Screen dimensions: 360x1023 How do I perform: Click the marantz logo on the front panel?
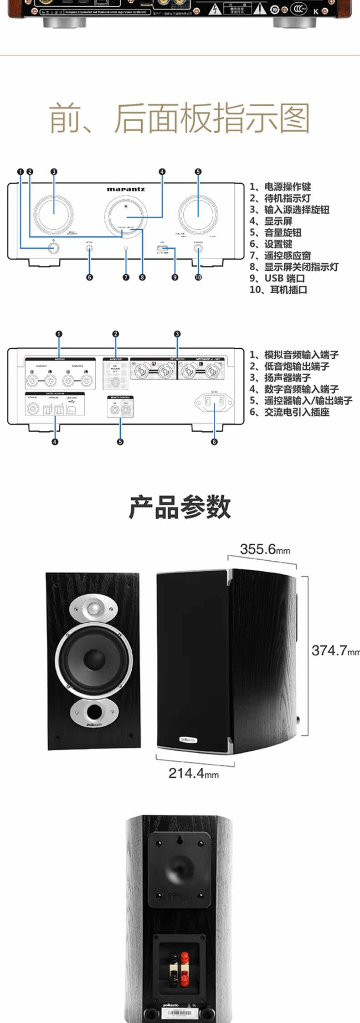pos(126,189)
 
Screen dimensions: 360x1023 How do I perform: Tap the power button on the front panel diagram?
pos(54,248)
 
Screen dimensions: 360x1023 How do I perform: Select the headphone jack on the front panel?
pos(198,248)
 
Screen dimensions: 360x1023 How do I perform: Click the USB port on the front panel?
pos(162,248)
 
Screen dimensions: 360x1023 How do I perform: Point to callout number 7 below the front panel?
pos(126,277)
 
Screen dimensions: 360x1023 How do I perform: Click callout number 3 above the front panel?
pos(54,172)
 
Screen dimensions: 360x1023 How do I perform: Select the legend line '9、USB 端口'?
pos(277,278)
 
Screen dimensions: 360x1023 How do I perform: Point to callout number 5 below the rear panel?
pos(120,441)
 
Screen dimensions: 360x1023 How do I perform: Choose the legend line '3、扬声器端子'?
pos(280,377)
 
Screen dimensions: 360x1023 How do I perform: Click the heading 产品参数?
pos(180,507)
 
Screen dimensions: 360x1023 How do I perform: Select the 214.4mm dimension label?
pos(194,773)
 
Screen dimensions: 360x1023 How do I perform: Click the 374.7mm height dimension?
pos(335,651)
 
